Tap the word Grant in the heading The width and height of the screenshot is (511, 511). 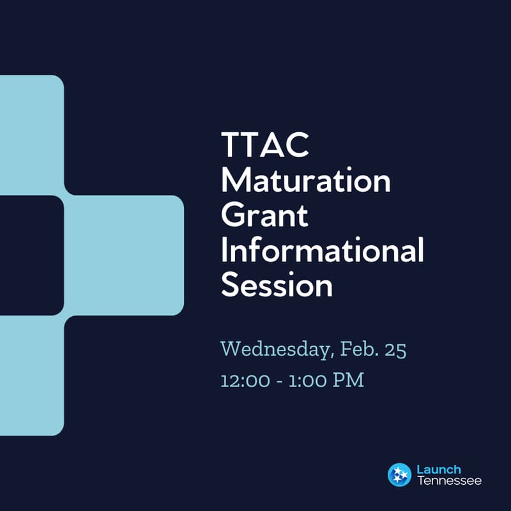pyautogui.click(x=264, y=217)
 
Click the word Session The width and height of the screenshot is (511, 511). pyautogui.click(x=277, y=286)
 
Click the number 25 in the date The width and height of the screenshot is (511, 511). pyautogui.click(x=395, y=349)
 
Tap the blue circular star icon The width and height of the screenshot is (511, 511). pyautogui.click(x=399, y=475)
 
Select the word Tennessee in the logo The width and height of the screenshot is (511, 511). pyautogui.click(x=449, y=480)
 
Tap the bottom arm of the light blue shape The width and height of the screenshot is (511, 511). pyautogui.click(x=31, y=377)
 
